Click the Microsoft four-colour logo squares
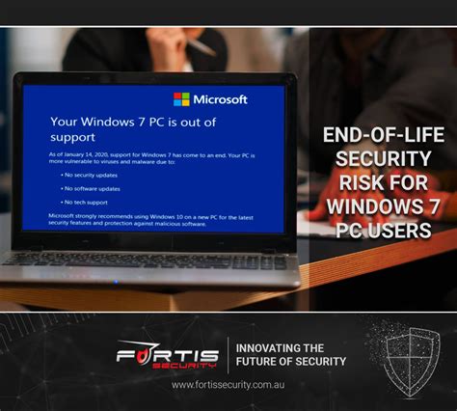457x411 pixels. click(x=181, y=99)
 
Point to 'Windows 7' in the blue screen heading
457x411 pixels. click(x=141, y=123)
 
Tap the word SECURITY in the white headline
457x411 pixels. click(x=377, y=158)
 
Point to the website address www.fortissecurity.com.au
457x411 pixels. click(x=228, y=385)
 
